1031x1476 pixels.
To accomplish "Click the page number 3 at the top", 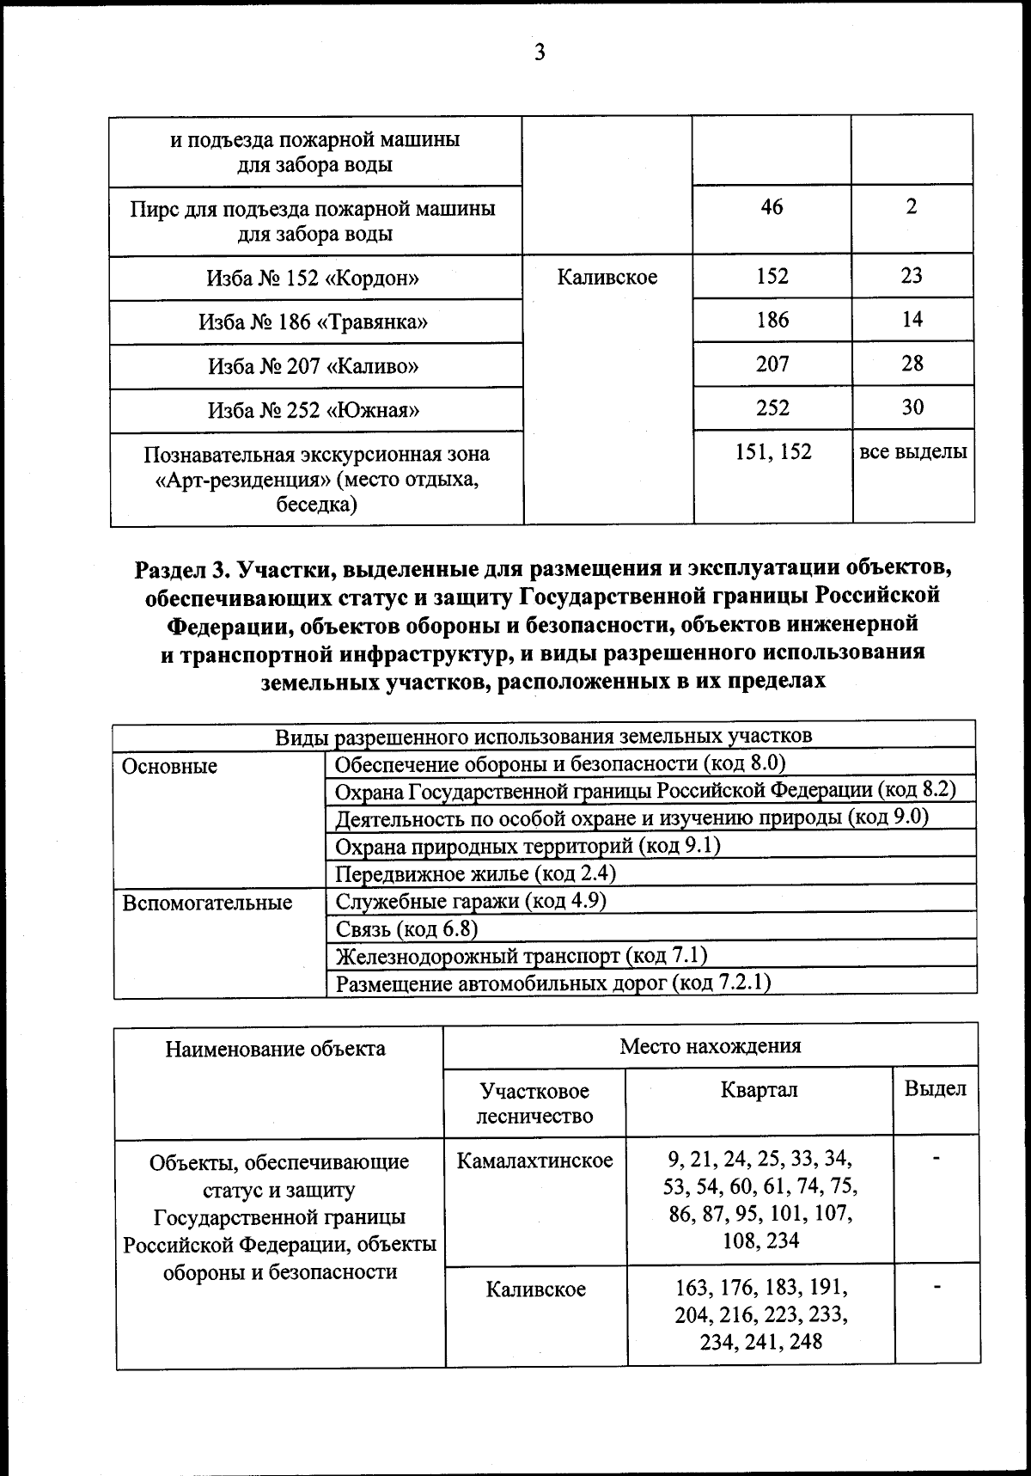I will point(540,53).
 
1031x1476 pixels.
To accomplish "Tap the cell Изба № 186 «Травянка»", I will point(314,322).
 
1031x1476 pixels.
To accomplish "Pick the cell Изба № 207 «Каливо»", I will point(314,367).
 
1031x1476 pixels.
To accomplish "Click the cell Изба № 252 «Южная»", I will point(314,410).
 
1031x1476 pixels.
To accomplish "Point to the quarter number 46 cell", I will point(772,206).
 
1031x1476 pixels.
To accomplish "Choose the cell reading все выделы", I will point(913,451).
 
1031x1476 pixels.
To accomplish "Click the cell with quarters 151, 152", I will point(773,451).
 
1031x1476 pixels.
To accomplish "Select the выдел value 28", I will point(912,363).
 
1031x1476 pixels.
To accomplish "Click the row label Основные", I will point(170,766).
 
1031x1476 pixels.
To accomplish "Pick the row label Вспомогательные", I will point(207,903).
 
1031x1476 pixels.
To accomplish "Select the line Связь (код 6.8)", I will point(406,928).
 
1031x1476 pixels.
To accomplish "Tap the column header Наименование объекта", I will point(276,1049).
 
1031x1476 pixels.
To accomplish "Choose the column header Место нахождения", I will point(710,1046).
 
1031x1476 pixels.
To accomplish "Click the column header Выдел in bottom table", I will point(935,1089).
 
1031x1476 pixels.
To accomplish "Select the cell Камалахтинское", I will point(535,1161).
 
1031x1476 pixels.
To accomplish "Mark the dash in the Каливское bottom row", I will point(937,1288).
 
